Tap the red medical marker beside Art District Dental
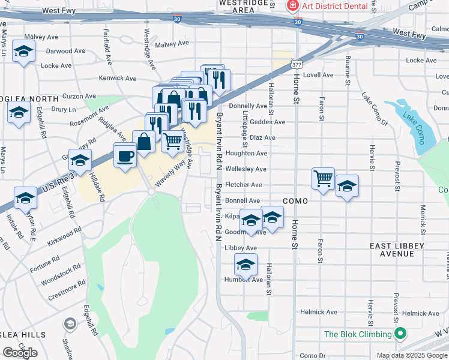pos(292,7)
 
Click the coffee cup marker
pos(125,156)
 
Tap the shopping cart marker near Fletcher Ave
pos(323,178)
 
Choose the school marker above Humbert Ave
pos(246,264)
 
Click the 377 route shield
pos(295,63)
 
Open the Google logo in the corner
pos(20,353)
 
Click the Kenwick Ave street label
pos(118,78)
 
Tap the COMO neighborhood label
pos(295,201)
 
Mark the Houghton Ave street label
pos(246,154)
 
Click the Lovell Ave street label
pos(318,75)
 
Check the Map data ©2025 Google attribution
pos(412,355)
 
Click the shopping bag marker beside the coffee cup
pos(144,142)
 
